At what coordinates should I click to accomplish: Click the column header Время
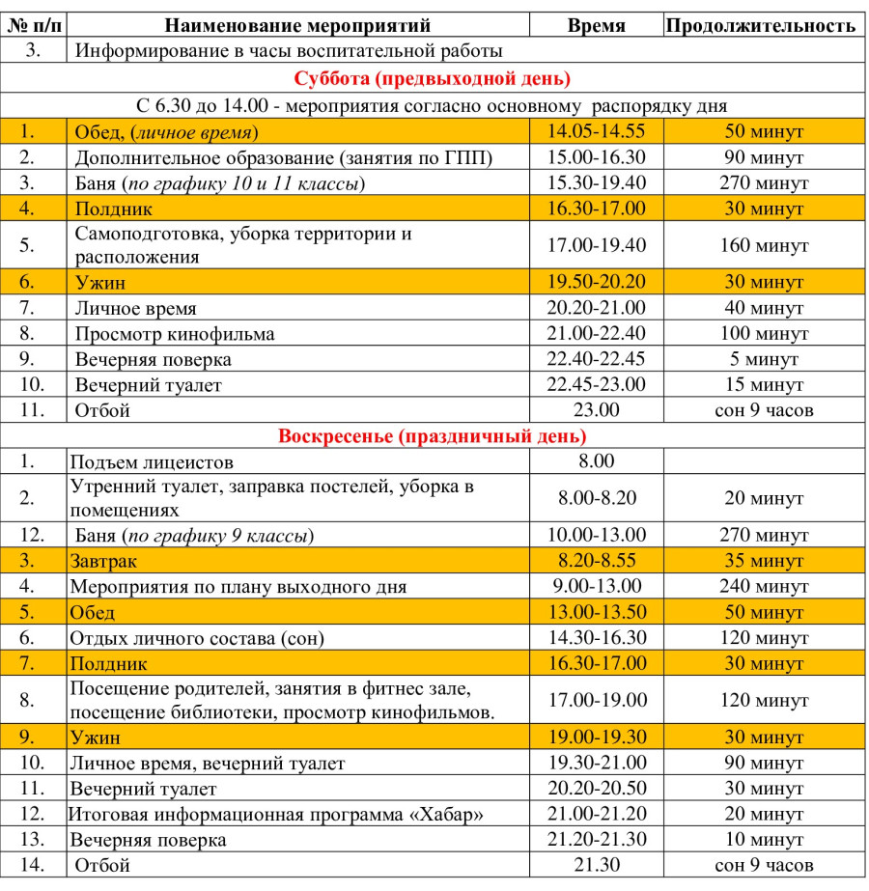click(597, 26)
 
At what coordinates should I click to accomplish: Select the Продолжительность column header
click(762, 26)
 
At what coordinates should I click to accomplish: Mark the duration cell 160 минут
click(764, 245)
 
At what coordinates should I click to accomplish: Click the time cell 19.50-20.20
click(597, 282)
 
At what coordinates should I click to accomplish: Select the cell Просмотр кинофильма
click(175, 334)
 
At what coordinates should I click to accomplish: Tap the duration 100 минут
click(764, 334)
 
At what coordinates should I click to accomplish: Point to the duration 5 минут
click(764, 359)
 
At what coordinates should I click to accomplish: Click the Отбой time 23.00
click(597, 410)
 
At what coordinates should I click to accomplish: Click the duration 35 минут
click(764, 561)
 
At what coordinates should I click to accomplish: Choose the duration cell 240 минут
click(764, 586)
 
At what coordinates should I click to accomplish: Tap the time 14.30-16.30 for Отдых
click(597, 638)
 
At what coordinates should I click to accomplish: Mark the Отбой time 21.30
click(597, 865)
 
